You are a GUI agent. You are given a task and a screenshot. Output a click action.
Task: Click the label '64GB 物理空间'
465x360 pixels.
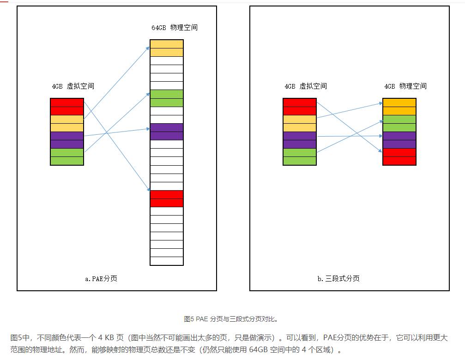pyautogui.click(x=174, y=28)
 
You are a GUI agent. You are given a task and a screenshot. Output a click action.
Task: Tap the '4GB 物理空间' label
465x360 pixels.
pyautogui.click(x=405, y=86)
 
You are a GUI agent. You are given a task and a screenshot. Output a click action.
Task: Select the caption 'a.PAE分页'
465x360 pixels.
pyautogui.click(x=101, y=279)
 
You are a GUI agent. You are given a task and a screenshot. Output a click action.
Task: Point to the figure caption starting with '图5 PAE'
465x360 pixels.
pyautogui.click(x=230, y=319)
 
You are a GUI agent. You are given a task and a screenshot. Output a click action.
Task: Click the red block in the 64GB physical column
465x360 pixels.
pyautogui.click(x=167, y=198)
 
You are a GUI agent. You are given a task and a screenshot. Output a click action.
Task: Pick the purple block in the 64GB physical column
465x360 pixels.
pyautogui.click(x=167, y=132)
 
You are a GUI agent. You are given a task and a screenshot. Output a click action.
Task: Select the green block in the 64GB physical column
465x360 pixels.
pyautogui.click(x=167, y=98)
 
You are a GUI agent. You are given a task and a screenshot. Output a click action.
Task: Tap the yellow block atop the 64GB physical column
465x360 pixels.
pyautogui.click(x=167, y=48)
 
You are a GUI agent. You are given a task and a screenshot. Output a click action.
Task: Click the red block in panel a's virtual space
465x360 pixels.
pyautogui.click(x=67, y=107)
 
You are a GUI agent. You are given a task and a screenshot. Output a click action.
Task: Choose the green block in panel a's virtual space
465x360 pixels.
pyautogui.click(x=67, y=156)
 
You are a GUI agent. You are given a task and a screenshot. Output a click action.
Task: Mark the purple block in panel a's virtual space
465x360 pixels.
pyautogui.click(x=67, y=140)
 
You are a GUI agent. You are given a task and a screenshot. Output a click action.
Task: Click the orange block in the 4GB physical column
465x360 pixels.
pyautogui.click(x=399, y=107)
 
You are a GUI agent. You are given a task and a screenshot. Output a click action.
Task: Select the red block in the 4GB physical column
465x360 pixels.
pyautogui.click(x=399, y=156)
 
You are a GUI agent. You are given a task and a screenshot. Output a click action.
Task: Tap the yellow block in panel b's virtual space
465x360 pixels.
pyautogui.click(x=300, y=123)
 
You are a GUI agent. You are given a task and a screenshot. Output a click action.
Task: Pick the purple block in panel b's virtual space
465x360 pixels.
pyautogui.click(x=300, y=140)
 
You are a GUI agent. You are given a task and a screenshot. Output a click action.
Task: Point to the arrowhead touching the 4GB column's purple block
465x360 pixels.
pyautogui.click(x=381, y=136)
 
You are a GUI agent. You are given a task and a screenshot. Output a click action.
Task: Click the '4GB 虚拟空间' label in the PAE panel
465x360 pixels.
pyautogui.click(x=73, y=86)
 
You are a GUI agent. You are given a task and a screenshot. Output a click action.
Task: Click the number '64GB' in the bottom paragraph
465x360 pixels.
pyautogui.click(x=258, y=350)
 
